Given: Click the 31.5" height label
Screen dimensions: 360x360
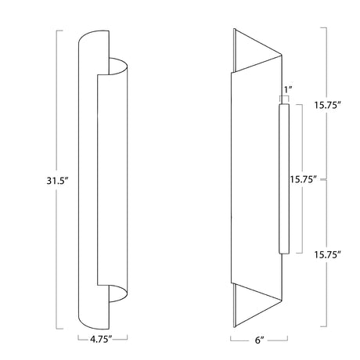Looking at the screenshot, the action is click(57, 180).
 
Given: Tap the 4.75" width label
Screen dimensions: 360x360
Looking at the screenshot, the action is click(101, 339).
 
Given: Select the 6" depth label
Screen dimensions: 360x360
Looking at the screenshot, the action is click(259, 340).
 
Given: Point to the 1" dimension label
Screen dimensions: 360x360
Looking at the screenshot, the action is click(288, 90).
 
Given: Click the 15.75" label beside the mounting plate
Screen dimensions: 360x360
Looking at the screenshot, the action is click(304, 179).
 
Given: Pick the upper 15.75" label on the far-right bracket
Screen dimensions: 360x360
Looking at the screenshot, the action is click(327, 105).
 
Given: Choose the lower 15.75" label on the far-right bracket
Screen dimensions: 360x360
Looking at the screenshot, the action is click(327, 254).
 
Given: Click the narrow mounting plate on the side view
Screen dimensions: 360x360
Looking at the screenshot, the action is click(284, 178).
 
